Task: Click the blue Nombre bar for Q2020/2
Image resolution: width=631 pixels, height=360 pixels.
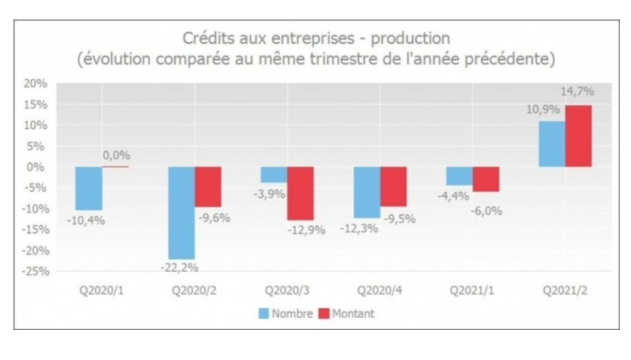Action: pos(181,212)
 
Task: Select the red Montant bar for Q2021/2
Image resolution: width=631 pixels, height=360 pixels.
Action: pos(578,136)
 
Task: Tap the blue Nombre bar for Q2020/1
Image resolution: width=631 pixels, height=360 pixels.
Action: pos(89,188)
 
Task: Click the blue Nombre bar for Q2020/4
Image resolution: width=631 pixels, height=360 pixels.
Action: pos(367,192)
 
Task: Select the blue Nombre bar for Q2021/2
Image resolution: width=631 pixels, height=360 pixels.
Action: pos(551,144)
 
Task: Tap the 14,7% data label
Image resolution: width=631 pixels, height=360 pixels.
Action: pos(577,92)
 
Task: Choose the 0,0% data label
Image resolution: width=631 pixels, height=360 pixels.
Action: pos(117,154)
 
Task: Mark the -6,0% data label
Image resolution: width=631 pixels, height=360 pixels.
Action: pos(485,211)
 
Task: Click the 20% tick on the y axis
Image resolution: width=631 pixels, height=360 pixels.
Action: pos(38,84)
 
